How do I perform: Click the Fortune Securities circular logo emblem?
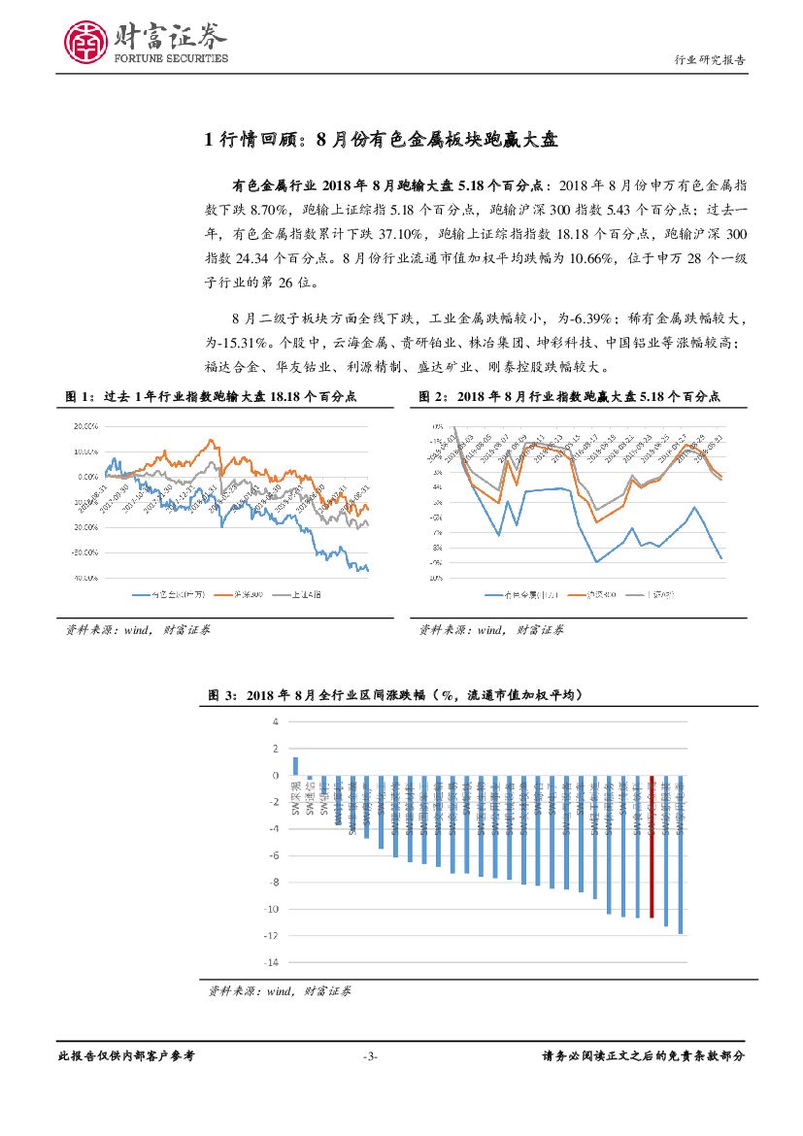(84, 42)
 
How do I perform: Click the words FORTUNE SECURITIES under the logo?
(172, 58)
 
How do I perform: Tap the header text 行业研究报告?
(710, 59)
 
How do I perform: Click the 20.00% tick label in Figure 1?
(86, 426)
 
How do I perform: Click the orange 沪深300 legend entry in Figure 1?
(229, 594)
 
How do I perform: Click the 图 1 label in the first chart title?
(77, 396)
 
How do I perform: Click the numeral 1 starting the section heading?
(210, 141)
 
